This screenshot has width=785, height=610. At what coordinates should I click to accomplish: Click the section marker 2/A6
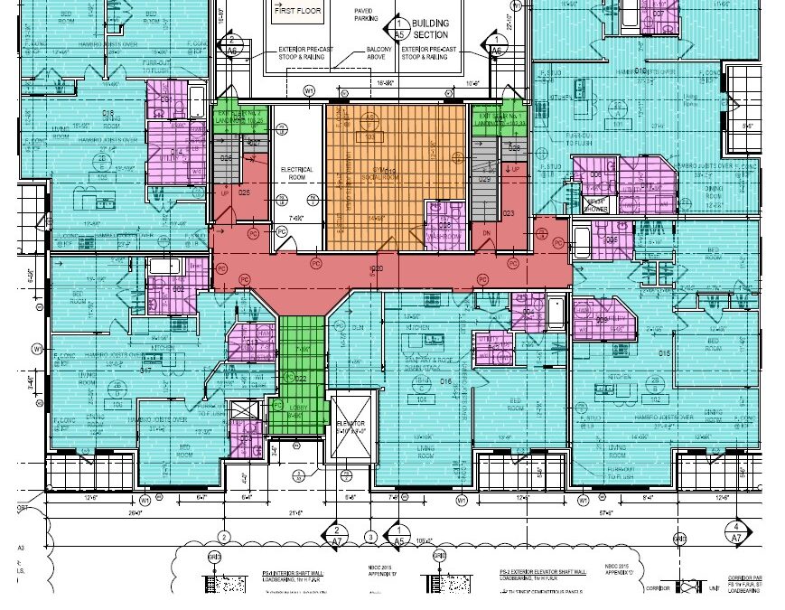coord(232,44)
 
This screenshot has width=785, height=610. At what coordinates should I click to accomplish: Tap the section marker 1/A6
coord(495,44)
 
